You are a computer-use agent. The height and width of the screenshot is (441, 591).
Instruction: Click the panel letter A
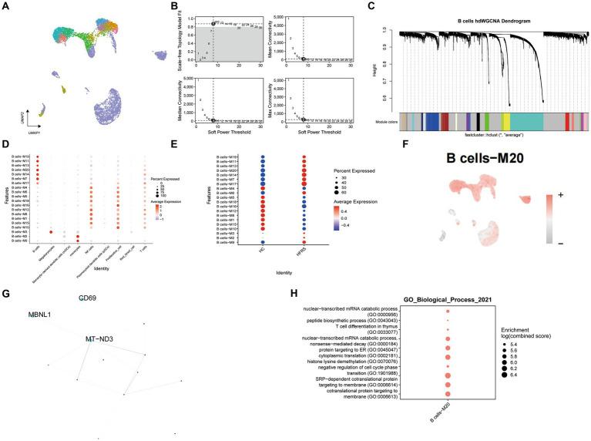[5, 5]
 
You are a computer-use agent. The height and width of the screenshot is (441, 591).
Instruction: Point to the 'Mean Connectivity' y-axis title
[274, 34]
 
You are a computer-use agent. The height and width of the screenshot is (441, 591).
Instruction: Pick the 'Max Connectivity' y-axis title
[274, 99]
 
